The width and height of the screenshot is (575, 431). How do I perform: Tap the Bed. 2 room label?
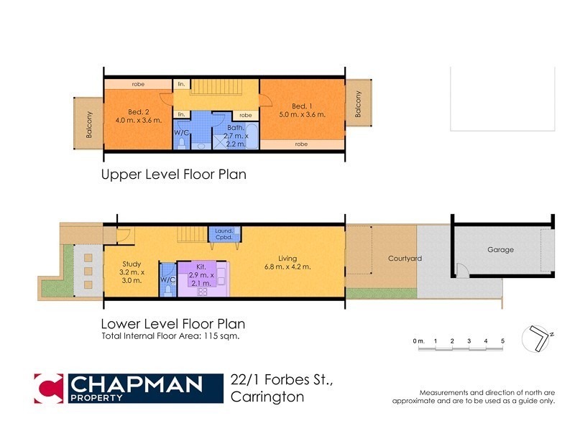point(138,111)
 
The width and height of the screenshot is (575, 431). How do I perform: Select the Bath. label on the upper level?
point(236,128)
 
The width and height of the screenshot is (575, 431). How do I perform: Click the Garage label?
point(500,250)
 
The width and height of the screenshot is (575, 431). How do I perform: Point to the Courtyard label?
point(405,259)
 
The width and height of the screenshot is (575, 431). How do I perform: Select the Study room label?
point(132,264)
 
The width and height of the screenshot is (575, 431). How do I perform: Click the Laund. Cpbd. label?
point(219,233)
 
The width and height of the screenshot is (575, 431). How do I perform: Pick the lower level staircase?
point(192,234)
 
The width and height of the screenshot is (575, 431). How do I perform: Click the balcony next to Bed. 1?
point(357,105)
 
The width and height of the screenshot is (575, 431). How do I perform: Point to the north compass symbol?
point(538,338)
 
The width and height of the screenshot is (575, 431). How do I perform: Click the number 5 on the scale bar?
point(503,340)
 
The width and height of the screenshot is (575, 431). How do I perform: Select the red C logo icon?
point(48,389)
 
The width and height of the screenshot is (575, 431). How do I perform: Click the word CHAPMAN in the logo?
point(135,384)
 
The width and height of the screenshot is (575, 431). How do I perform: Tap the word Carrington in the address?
point(267,397)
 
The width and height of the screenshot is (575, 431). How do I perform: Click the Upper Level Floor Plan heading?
point(174,175)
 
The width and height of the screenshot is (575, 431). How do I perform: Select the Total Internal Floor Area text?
point(170,336)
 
